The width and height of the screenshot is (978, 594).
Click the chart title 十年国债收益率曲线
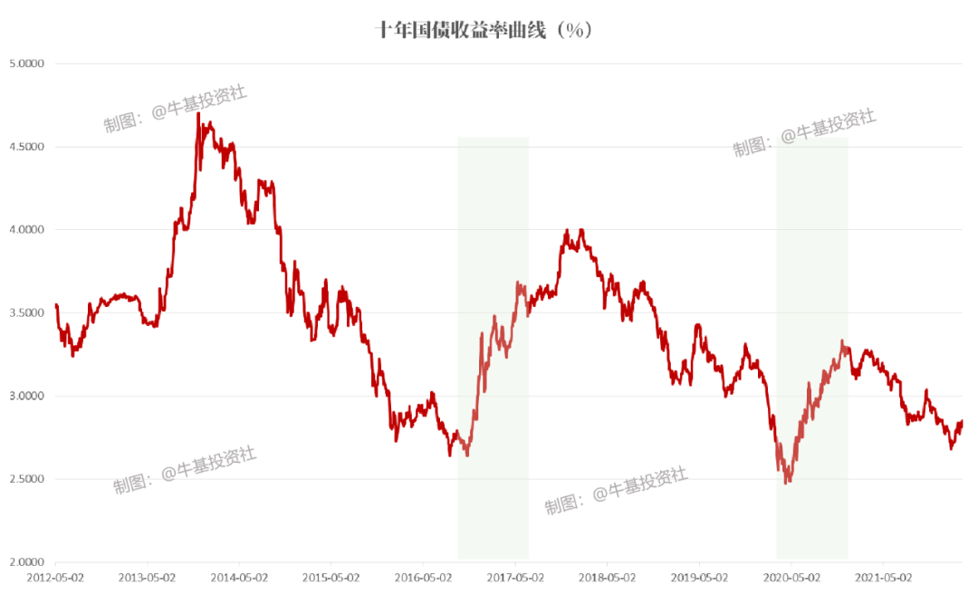tap(484, 30)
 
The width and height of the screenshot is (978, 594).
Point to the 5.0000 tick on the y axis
tap(27, 63)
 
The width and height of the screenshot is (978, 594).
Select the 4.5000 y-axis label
tap(27, 147)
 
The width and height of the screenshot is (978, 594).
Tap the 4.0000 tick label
tap(27, 230)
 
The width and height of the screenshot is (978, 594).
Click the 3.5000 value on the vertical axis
tap(27, 313)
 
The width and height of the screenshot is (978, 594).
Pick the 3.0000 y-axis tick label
tap(27, 396)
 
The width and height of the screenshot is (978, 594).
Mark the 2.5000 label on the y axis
tap(27, 479)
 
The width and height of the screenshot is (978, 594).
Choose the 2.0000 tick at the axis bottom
tap(27, 562)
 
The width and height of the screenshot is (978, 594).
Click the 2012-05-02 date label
tap(55, 576)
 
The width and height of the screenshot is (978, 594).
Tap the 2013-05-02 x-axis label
tap(147, 576)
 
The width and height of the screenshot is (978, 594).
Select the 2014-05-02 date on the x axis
tap(238, 576)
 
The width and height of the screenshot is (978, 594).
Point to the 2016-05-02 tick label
tap(422, 576)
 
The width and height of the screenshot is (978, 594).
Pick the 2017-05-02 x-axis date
tap(514, 576)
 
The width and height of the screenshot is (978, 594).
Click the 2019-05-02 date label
tap(698, 576)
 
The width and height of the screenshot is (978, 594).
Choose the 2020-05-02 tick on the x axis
tap(791, 576)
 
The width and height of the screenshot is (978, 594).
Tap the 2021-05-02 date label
tap(882, 576)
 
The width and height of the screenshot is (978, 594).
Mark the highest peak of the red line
tap(198, 114)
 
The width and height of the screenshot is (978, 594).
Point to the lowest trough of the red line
tap(787, 482)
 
